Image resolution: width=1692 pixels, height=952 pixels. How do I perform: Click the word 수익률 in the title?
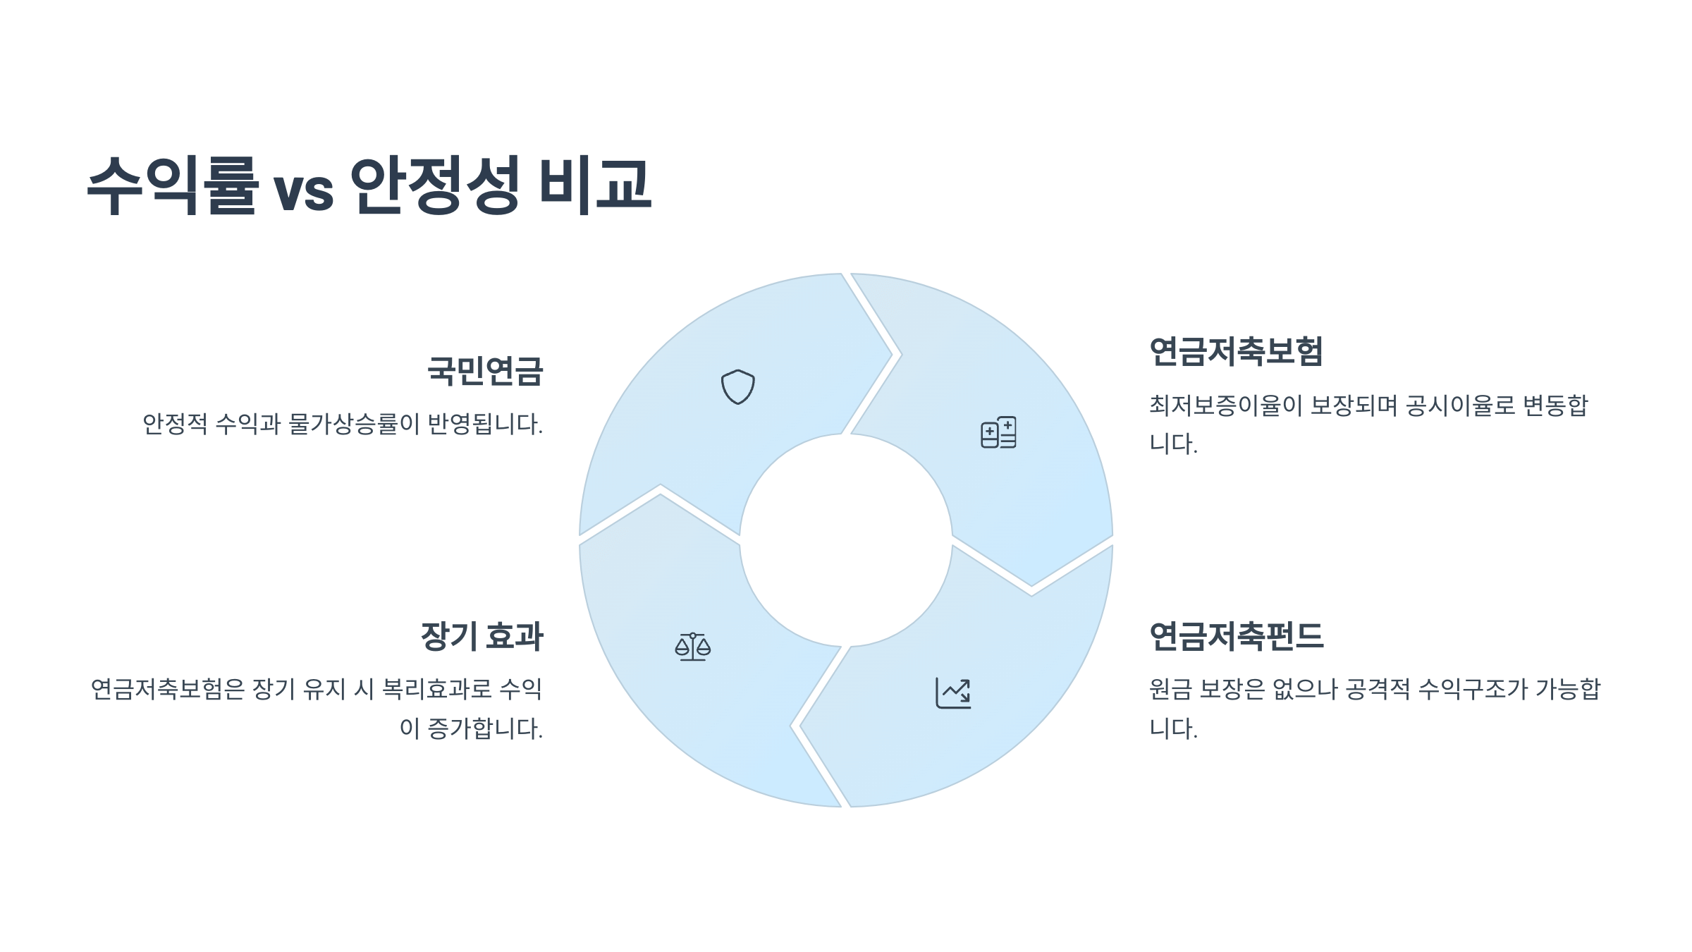point(172,185)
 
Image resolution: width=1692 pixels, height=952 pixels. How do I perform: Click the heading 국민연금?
point(485,371)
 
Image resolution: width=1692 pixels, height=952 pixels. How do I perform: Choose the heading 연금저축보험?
point(1236,351)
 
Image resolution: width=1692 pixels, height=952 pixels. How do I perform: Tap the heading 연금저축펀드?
point(1236,636)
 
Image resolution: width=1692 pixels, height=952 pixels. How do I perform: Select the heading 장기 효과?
point(482,636)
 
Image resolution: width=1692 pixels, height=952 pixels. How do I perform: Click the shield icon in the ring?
point(737,387)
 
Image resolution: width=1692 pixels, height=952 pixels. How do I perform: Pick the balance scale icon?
point(692,647)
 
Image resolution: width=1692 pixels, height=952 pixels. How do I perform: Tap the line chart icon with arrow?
point(953,692)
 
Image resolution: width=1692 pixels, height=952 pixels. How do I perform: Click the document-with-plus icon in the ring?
point(998,432)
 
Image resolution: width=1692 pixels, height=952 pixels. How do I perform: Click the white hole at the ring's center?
point(845,540)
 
